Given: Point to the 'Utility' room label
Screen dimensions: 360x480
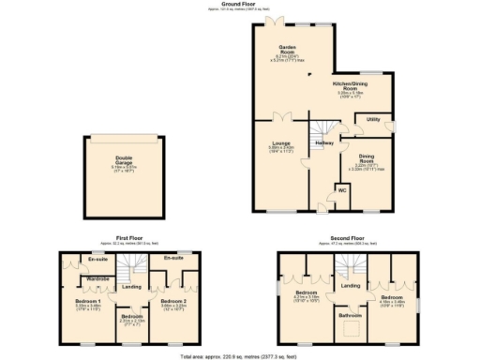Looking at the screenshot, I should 372,120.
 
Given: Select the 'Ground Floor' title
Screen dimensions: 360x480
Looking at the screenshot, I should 239,4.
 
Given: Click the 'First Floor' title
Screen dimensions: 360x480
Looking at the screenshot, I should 128,238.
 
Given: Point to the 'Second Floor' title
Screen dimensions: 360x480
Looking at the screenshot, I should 349,238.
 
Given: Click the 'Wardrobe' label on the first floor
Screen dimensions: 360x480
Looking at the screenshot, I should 98,279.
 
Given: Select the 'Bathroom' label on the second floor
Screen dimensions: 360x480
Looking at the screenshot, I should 350,316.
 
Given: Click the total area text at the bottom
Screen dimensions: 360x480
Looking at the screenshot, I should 240,357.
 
